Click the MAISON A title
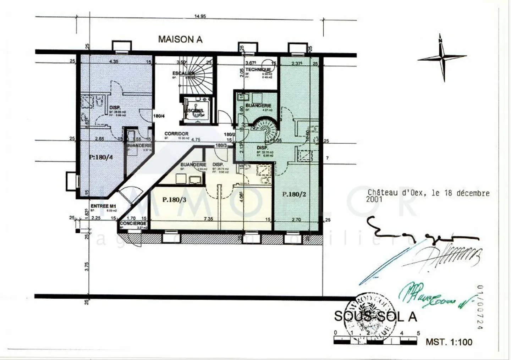click(x=180, y=39)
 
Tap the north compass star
click(x=442, y=57)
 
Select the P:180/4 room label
click(x=101, y=157)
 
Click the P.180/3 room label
click(x=174, y=200)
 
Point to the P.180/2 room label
click(x=294, y=194)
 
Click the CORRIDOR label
click(x=176, y=134)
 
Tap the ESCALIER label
click(x=183, y=73)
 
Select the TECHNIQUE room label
click(x=258, y=70)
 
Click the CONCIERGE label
click(x=133, y=223)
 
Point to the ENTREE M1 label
click(x=103, y=206)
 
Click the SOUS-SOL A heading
click(x=375, y=316)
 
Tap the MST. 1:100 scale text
click(x=449, y=342)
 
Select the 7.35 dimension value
click(x=208, y=219)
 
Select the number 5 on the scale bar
click(x=418, y=333)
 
